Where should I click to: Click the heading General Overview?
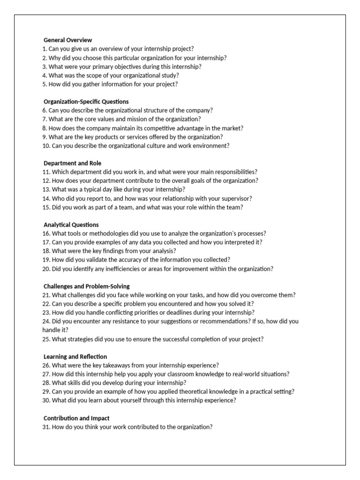click(67, 40)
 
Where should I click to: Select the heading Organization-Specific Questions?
click(86, 102)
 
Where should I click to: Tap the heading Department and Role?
click(72, 163)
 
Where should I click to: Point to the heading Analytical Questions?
click(71, 225)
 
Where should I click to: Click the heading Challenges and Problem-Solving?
click(86, 286)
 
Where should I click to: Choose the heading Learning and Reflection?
click(75, 357)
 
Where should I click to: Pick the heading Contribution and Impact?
click(76, 418)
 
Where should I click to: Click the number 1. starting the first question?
click(45, 49)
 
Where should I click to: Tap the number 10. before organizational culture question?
click(46, 146)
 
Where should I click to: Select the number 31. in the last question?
click(46, 427)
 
